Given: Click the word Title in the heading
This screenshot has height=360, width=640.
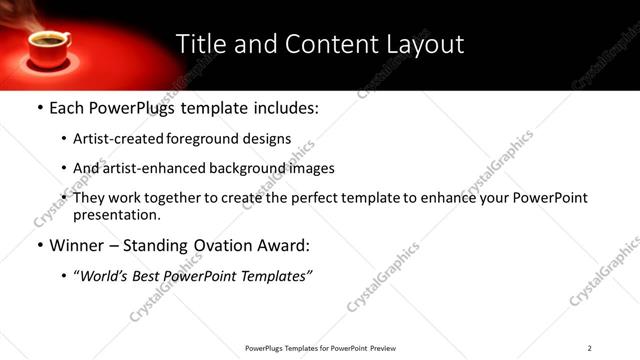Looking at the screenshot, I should coord(202,44).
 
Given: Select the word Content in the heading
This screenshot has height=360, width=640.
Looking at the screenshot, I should coord(318,44).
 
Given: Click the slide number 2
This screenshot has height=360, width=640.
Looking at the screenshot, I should coord(589,348).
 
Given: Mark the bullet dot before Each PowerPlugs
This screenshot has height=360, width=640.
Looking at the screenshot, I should coord(38,108).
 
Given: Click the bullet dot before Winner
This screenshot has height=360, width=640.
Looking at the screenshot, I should coord(38,246).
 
